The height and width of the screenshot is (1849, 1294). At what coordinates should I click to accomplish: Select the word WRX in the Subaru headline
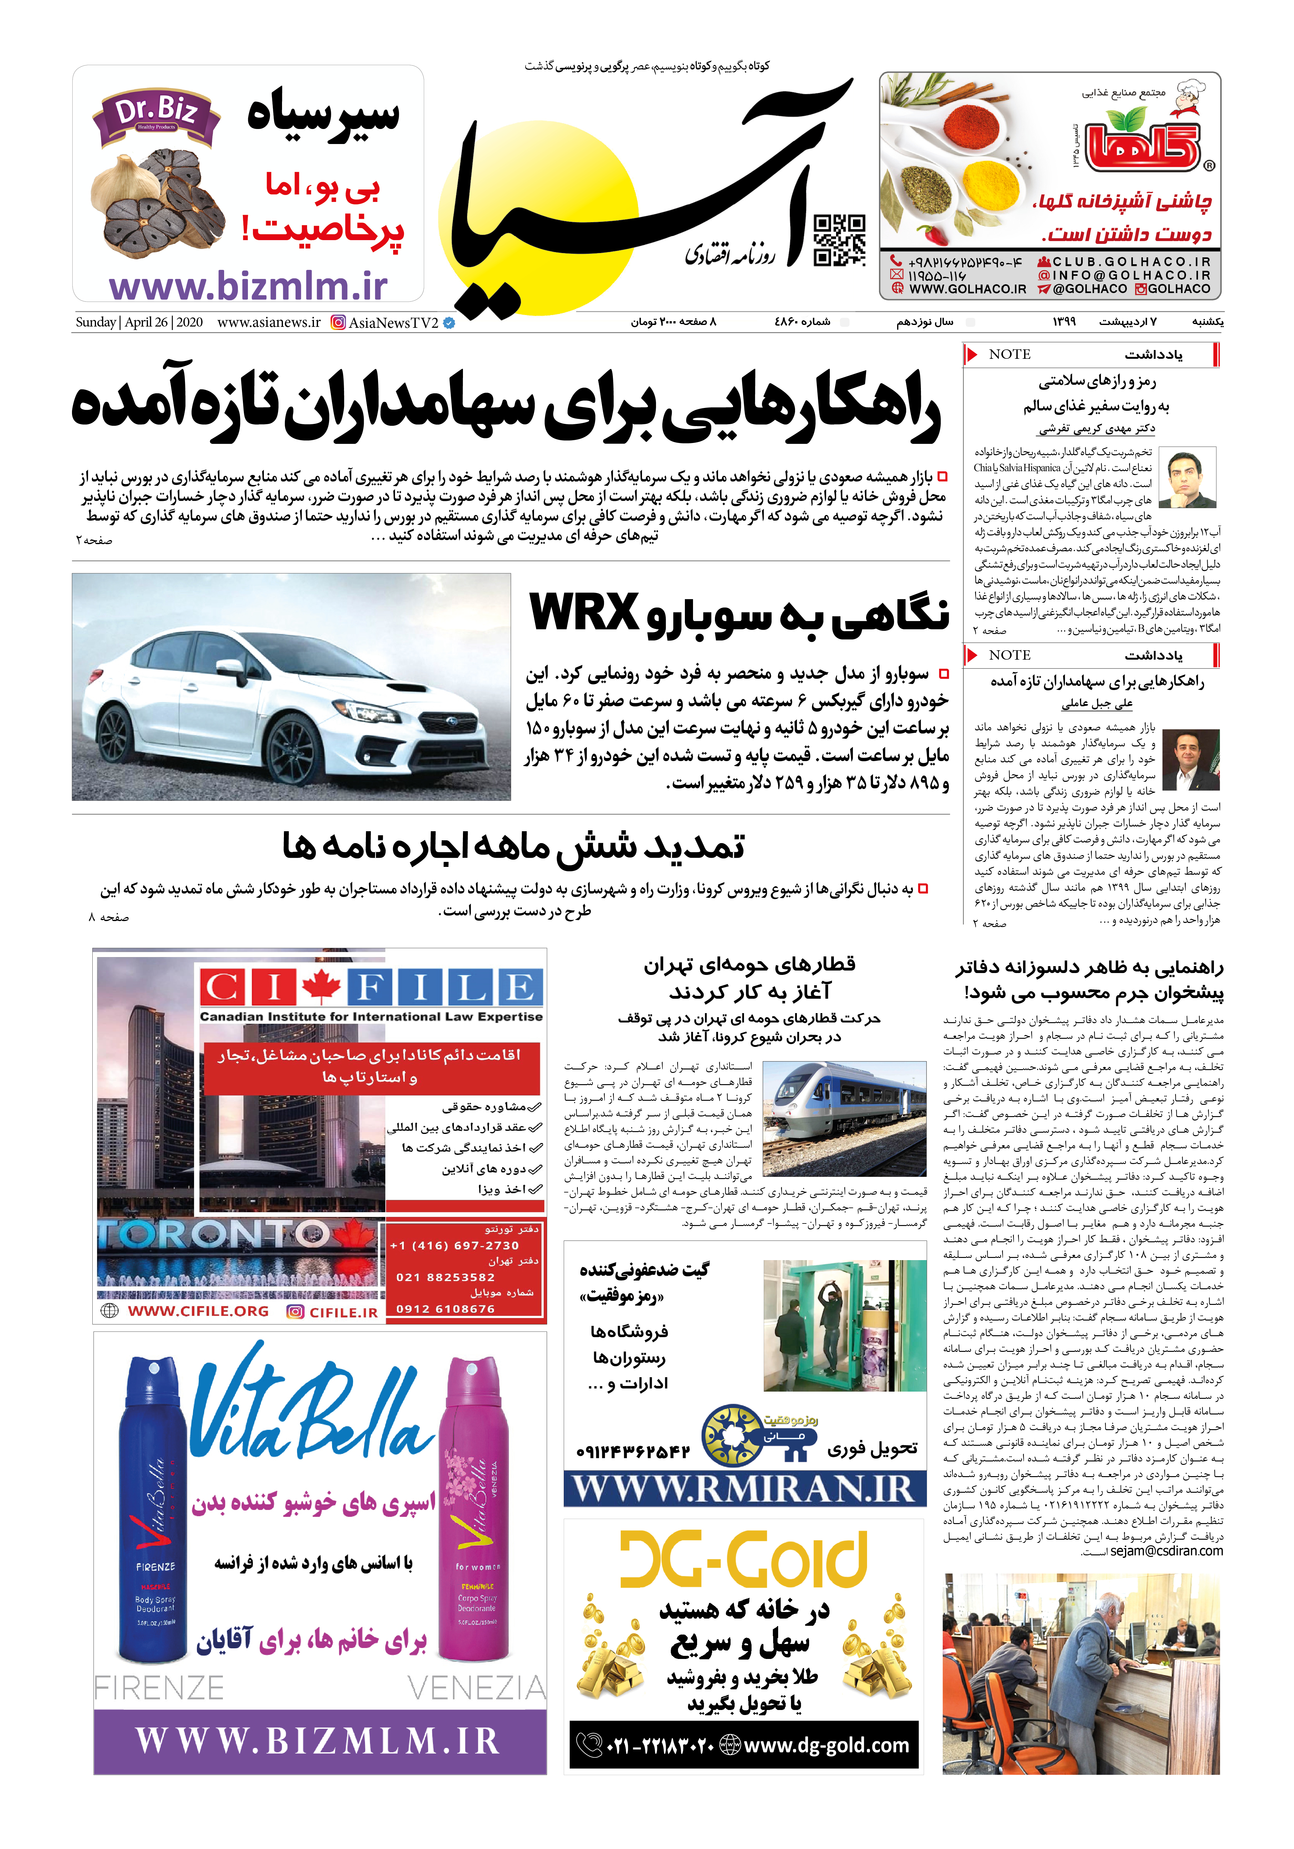click(x=584, y=614)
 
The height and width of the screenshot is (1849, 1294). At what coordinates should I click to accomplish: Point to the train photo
click(x=843, y=1118)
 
